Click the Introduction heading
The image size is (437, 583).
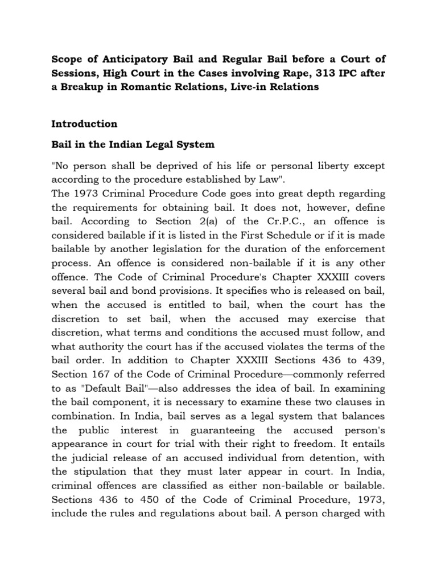point(84,124)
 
